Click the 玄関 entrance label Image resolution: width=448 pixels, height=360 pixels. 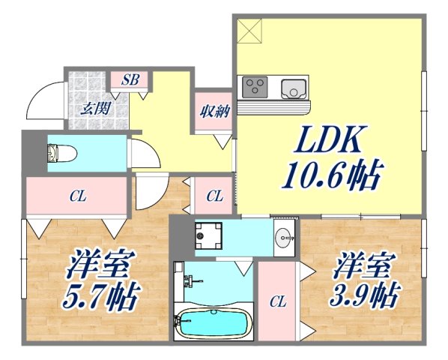click(x=96, y=107)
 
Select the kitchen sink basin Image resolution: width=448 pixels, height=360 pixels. click(x=294, y=88)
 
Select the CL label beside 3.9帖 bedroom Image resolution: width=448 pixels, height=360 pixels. click(x=278, y=302)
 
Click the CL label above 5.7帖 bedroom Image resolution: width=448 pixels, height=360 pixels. click(x=77, y=197)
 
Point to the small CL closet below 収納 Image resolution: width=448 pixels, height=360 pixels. click(x=214, y=197)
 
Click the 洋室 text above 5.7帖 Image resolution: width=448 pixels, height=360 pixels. click(x=101, y=265)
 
